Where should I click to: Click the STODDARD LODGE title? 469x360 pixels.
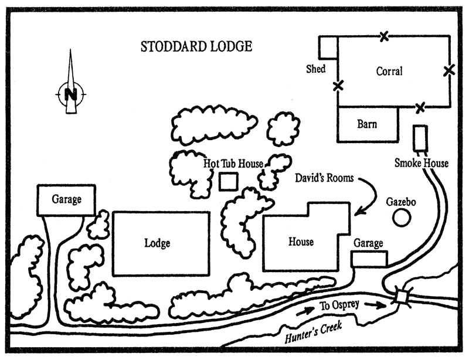[196, 46]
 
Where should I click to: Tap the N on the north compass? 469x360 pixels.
[71, 94]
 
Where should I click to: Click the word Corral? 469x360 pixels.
[389, 72]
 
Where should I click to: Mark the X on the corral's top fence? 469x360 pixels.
[383, 37]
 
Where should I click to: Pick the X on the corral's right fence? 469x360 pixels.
[448, 71]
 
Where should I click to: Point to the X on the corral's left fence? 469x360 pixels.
[338, 86]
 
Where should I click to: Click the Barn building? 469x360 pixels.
[367, 124]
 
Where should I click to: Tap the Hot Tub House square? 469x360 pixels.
[228, 181]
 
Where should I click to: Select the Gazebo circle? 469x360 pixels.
[401, 218]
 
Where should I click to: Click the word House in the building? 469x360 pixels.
[301, 242]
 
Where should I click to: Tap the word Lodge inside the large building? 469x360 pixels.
[157, 243]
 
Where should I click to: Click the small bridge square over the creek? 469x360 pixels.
[402, 297]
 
